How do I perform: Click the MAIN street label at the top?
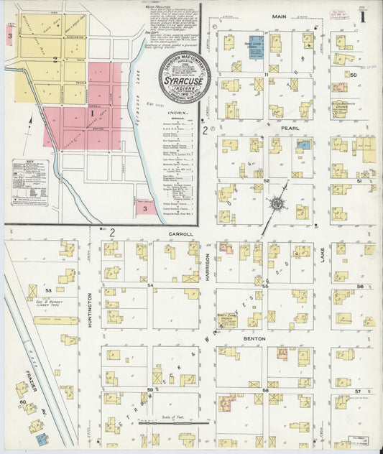click(x=280, y=15)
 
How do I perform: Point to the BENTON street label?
click(x=254, y=338)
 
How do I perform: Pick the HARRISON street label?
click(x=208, y=267)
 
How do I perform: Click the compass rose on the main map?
click(x=277, y=203)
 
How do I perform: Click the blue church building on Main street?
click(x=255, y=45)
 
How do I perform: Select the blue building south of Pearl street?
click(x=303, y=144)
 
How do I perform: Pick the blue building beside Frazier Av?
click(x=42, y=437)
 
